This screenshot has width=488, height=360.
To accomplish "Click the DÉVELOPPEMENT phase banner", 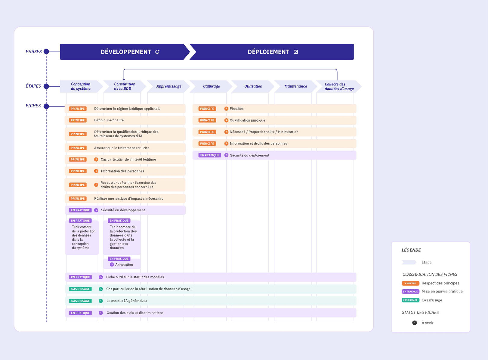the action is (125, 52).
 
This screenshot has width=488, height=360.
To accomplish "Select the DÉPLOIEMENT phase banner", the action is (272, 52).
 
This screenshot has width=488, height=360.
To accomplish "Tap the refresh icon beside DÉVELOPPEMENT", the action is (157, 52).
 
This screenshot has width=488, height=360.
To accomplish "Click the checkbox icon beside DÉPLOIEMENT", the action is (296, 52).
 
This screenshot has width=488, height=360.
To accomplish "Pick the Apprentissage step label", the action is (169, 86).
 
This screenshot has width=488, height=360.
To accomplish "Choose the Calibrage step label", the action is (211, 86).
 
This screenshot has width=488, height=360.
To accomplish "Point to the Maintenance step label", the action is (296, 86).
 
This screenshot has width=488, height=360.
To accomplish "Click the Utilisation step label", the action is (253, 86).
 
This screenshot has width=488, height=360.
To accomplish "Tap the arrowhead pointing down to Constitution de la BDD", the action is (124, 79).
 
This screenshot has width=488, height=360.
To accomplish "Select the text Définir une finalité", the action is (109, 120).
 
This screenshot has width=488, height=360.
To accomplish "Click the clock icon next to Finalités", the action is (226, 109).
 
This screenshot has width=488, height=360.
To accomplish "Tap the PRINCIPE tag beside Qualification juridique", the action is (207, 120).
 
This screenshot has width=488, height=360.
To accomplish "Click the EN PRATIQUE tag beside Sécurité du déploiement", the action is (210, 155).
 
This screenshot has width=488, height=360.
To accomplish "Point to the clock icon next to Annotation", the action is (112, 264).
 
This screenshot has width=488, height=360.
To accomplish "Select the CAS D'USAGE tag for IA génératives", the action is (80, 301).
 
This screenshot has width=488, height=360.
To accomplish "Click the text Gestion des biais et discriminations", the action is (135, 313).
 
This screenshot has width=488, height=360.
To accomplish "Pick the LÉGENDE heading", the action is (411, 250).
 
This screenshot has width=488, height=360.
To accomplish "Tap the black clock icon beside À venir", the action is (415, 323).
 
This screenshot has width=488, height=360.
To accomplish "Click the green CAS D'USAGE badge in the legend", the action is (410, 300).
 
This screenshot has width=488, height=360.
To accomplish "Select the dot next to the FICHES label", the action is (46, 106).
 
